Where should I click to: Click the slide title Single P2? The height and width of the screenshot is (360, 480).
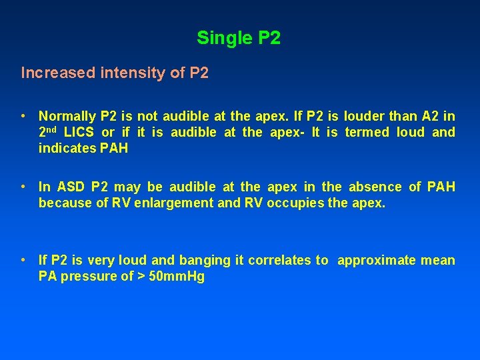point(239,38)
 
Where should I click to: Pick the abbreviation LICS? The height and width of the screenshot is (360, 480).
point(78,132)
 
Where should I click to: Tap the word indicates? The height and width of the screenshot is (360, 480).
point(67,148)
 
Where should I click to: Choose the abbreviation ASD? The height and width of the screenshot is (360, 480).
point(70,187)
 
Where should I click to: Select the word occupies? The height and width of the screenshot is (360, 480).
point(292,203)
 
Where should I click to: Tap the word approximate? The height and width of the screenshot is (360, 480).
point(375,260)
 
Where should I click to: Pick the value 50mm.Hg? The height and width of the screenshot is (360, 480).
point(177,276)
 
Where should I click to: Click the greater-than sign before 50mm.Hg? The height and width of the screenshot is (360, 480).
point(143,276)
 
